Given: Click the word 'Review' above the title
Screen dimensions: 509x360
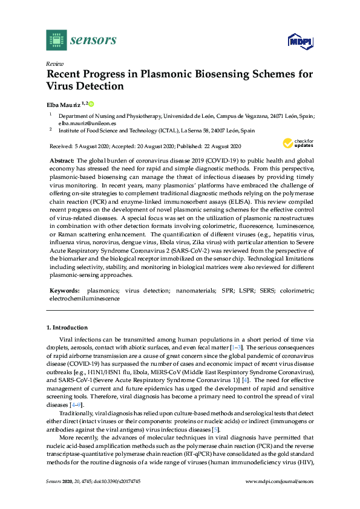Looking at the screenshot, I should (54, 63).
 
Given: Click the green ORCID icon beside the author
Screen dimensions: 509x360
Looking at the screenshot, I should (92, 103).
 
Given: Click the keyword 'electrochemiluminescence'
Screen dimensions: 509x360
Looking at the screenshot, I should (84, 298).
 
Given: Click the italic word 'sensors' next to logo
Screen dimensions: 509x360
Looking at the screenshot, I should (93, 40).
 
